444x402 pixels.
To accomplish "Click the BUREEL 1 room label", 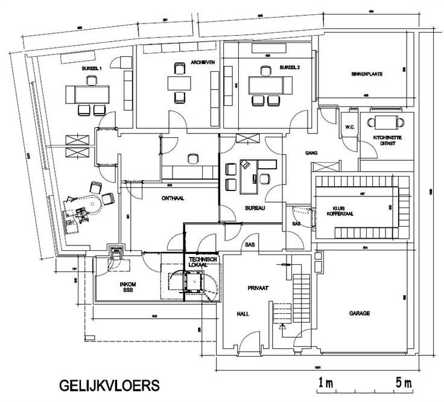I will pyautogui.click(x=93, y=70).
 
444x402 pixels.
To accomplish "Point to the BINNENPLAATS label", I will pyautogui.click(x=367, y=74).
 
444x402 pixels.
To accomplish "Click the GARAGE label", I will pyautogui.click(x=359, y=314).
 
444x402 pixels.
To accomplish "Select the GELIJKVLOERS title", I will pyautogui.click(x=109, y=384).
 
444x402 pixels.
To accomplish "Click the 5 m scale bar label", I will pyautogui.click(x=401, y=383).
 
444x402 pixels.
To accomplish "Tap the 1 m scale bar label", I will pyautogui.click(x=326, y=383).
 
